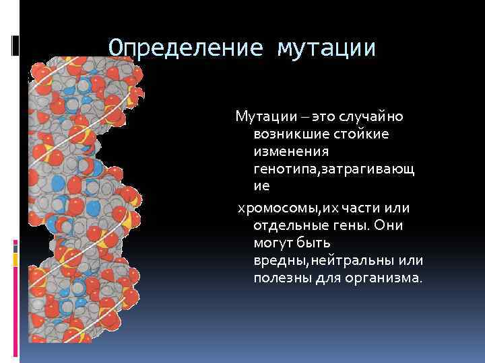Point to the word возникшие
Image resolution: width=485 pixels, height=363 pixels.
[x=288, y=135]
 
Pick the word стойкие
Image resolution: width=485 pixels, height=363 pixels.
[x=363, y=135]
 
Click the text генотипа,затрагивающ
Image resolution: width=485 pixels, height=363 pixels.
[x=334, y=171]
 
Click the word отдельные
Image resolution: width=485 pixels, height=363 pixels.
[x=290, y=226]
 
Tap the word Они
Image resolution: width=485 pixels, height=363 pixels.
[x=390, y=226]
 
